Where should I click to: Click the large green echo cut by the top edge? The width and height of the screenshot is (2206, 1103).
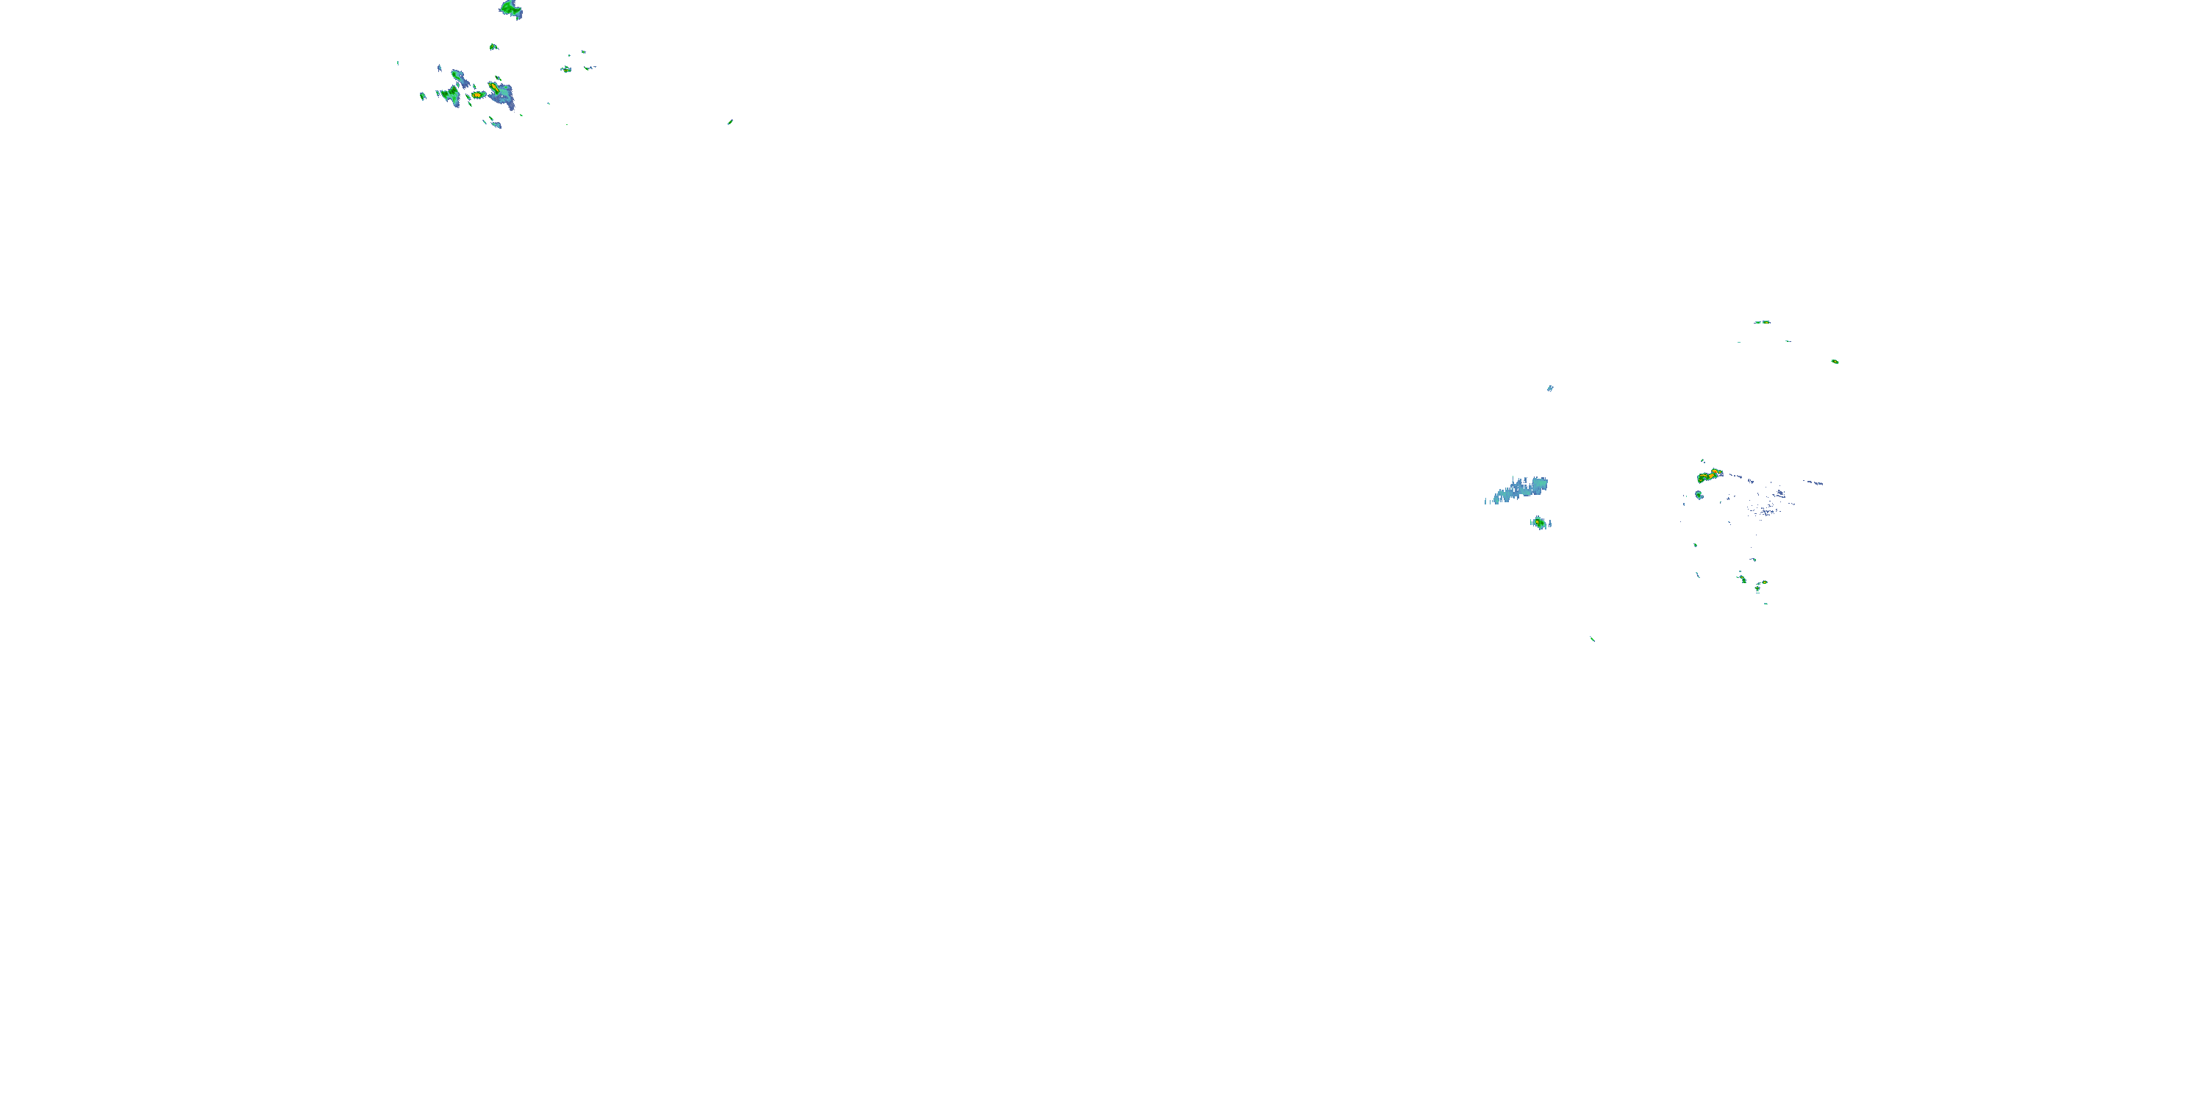(511, 10)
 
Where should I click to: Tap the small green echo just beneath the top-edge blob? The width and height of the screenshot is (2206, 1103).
(493, 46)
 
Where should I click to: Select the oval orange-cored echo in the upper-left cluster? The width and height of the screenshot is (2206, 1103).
(476, 95)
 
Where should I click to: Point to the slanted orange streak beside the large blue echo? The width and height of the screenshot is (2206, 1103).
(494, 87)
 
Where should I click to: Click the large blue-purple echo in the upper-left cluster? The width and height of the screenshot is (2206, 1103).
(505, 96)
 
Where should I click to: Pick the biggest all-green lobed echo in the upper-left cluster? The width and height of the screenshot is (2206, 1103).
(449, 94)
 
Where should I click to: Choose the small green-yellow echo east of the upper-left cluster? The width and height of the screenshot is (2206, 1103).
(566, 68)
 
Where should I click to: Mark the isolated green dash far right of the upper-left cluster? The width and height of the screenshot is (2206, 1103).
(729, 121)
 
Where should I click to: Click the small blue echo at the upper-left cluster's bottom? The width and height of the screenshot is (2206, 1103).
(496, 125)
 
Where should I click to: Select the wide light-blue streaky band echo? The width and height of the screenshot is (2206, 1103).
(1519, 490)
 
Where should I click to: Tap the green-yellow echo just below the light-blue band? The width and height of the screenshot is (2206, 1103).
(1540, 521)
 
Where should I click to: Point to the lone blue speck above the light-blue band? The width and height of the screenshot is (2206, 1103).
(1550, 388)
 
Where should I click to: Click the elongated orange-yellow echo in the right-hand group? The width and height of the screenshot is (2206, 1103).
(1710, 474)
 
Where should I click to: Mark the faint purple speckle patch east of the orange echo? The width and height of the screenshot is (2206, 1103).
(1769, 501)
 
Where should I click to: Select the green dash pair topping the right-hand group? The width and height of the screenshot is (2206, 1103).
(1762, 322)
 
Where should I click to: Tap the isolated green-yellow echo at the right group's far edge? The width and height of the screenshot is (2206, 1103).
(1835, 361)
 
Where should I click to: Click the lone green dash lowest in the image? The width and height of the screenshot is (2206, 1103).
(1592, 639)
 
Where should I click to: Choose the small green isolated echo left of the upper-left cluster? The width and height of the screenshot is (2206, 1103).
(423, 96)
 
